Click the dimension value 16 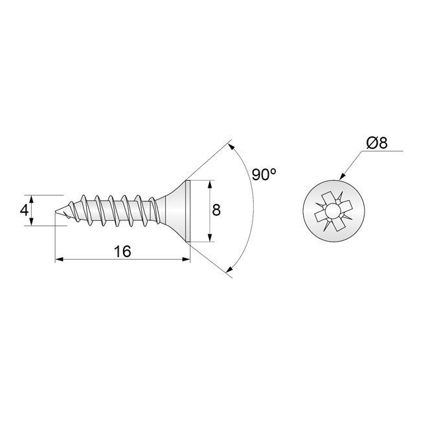[x=122, y=251]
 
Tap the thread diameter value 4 [x=24, y=210]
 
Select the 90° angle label [x=264, y=175]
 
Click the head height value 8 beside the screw [x=216, y=210]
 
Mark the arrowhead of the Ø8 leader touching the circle [x=341, y=177]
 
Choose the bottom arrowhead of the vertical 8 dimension [x=209, y=239]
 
